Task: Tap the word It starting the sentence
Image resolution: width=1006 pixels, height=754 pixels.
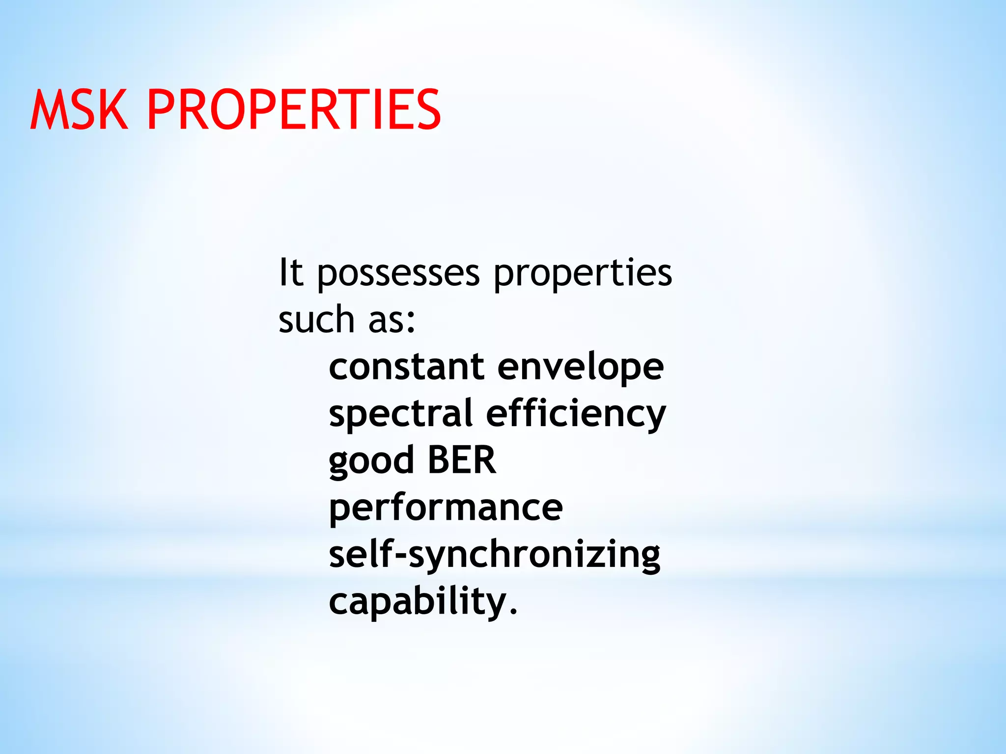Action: point(290,272)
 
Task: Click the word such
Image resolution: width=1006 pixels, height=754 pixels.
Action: point(316,319)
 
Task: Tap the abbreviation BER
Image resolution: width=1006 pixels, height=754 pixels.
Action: point(462,460)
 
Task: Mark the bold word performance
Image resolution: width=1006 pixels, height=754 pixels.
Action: point(446,509)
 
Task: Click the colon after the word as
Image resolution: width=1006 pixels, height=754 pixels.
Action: point(412,322)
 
